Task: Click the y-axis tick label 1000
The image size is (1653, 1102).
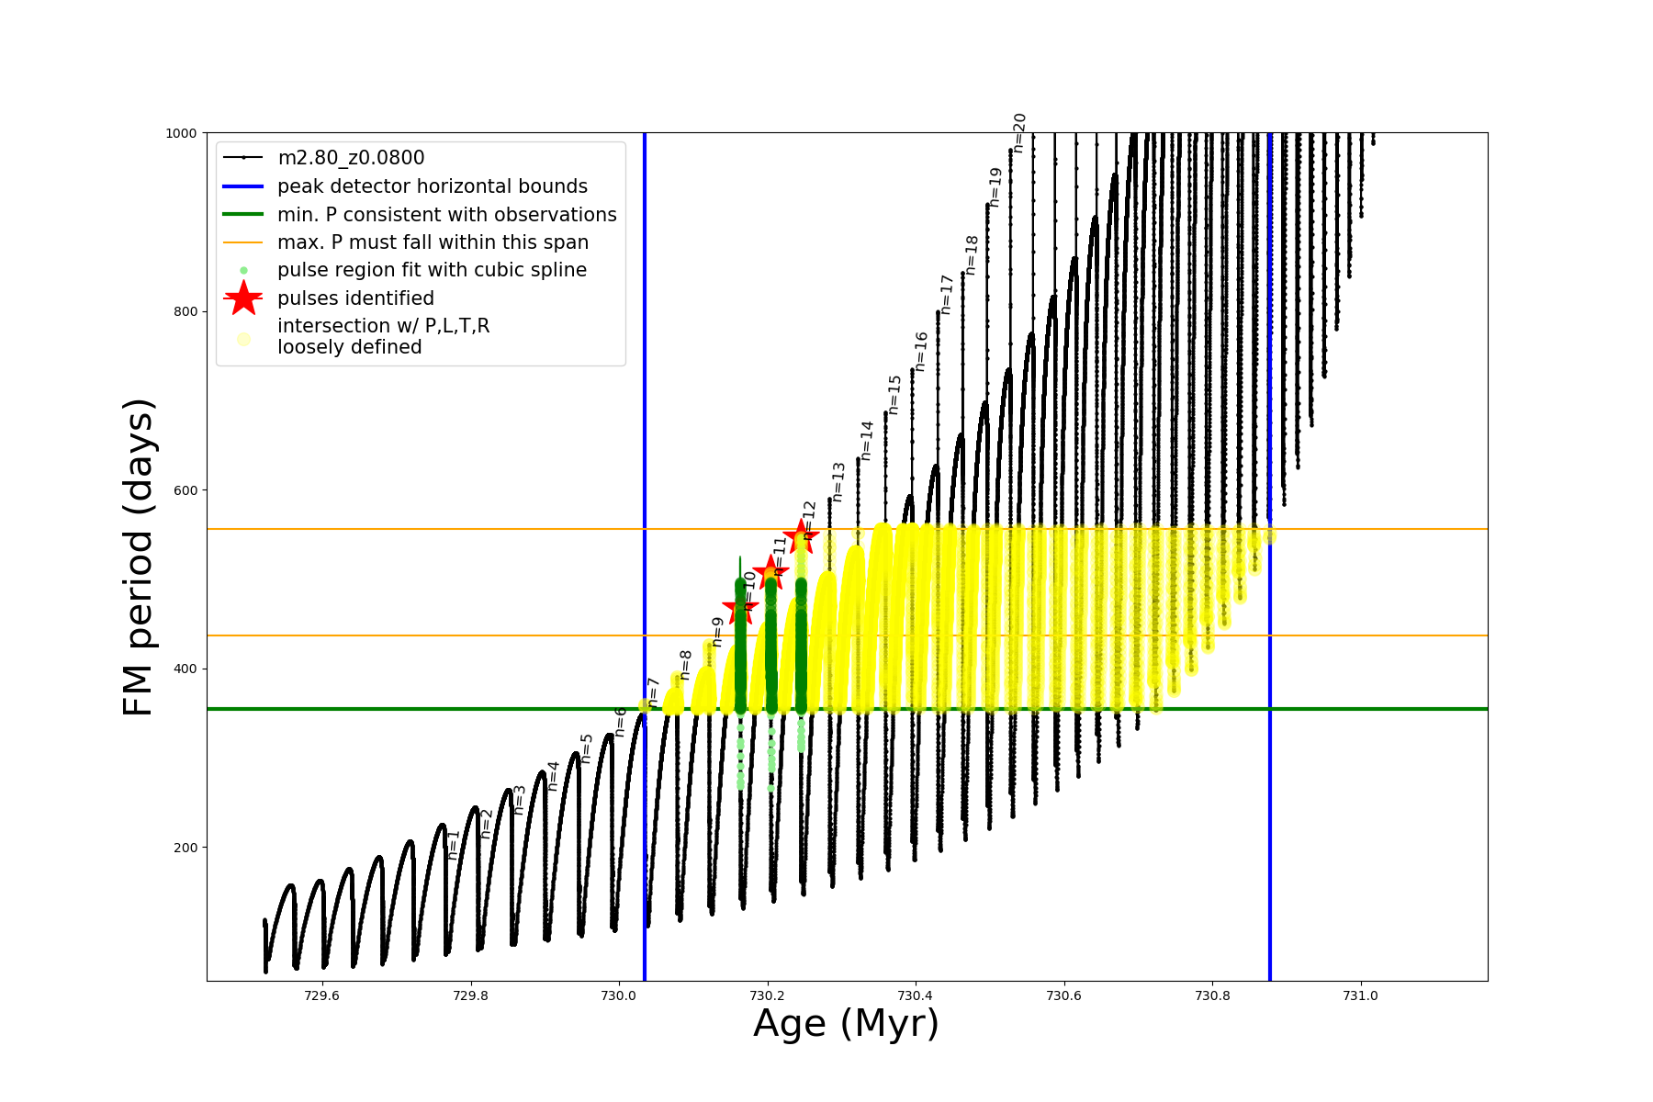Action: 181,133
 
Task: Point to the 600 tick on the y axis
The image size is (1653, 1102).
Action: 186,490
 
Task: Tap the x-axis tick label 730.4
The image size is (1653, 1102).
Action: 915,995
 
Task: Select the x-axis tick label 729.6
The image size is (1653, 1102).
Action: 321,995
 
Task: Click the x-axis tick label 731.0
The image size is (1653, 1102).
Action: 1360,995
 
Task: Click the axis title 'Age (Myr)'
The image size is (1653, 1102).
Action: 846,1024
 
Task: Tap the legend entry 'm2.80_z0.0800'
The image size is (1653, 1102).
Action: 351,158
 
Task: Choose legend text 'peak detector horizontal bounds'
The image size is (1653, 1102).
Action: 432,186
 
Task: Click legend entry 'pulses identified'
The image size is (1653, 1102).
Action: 355,298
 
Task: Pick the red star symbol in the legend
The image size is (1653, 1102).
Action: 243,298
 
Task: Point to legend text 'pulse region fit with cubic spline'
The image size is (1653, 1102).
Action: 432,270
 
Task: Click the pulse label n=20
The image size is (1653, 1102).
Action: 1019,133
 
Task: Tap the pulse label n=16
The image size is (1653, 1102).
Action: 921,352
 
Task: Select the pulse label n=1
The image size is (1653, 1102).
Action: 453,845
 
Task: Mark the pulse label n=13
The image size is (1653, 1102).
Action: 838,482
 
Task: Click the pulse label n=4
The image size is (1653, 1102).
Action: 553,776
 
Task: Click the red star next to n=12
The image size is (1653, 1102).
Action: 801,536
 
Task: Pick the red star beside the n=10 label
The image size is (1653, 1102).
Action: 739,607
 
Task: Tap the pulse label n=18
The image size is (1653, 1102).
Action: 972,255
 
